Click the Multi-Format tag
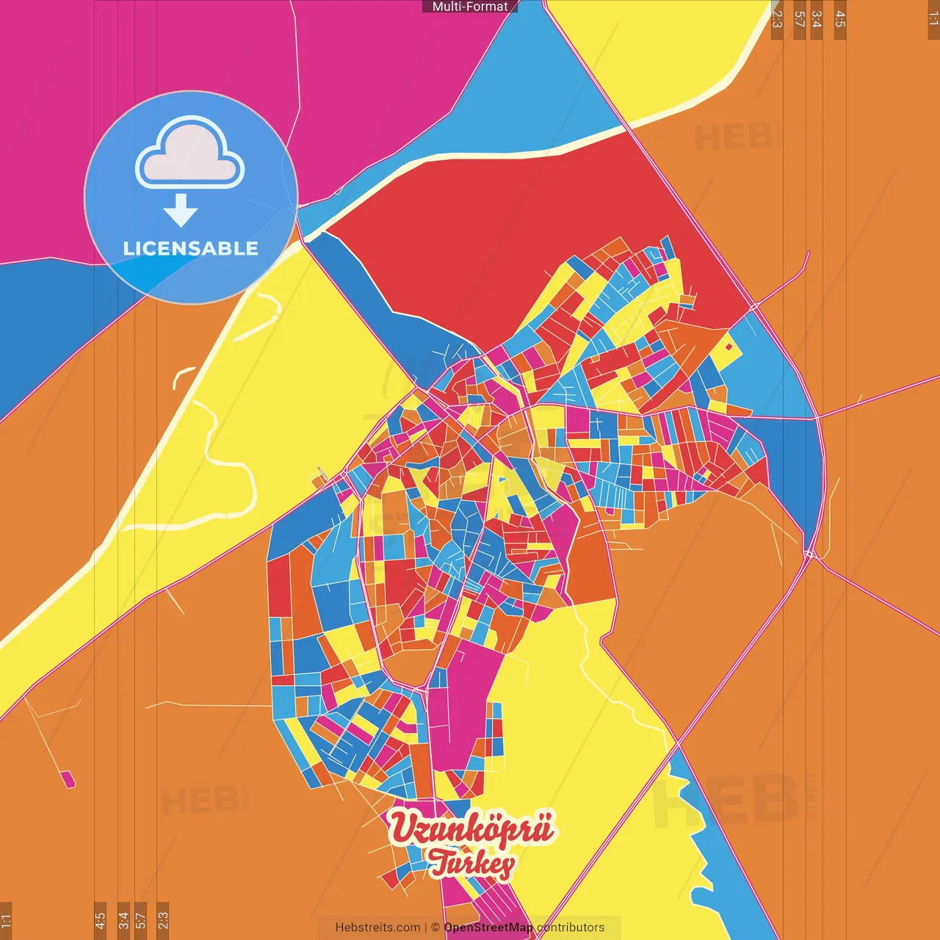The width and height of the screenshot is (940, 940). (x=470, y=7)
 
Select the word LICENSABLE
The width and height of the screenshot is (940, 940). (x=191, y=248)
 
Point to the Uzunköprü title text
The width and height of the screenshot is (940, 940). (x=471, y=828)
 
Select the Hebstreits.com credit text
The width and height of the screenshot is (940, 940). (x=377, y=928)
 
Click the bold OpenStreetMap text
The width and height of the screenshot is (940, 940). (x=488, y=928)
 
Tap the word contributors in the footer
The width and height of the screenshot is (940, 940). (x=571, y=928)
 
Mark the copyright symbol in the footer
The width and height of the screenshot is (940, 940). (x=435, y=928)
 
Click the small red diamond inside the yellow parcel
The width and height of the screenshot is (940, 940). (x=728, y=347)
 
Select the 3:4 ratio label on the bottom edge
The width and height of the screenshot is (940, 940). (x=123, y=919)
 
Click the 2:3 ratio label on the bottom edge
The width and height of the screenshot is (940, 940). (x=163, y=919)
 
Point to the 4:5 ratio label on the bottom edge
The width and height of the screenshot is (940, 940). (x=100, y=919)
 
